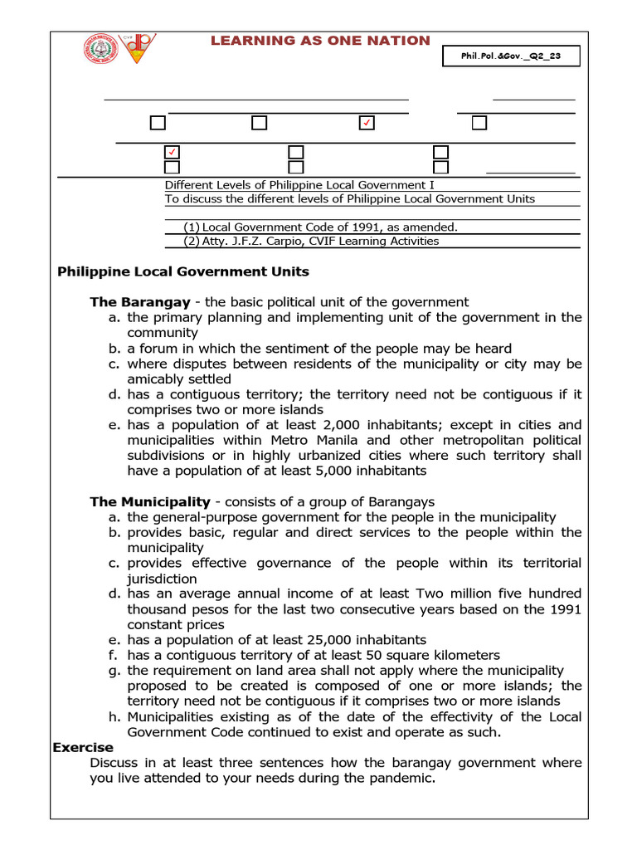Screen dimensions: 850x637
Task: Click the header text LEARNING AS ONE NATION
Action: [x=320, y=41]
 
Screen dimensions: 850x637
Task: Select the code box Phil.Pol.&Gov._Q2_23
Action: [x=510, y=56]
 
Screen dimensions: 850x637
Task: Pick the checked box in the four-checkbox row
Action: [x=366, y=123]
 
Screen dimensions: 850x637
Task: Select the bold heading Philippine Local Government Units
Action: [x=182, y=272]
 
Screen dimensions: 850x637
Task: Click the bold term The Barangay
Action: [x=139, y=302]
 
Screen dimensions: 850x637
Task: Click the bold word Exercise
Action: [x=82, y=747]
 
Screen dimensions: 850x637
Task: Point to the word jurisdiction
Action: [x=162, y=579]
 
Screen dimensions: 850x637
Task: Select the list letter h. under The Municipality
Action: [x=114, y=716]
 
